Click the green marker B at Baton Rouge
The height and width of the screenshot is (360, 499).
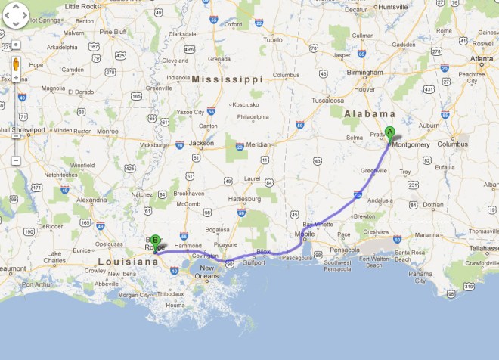[x=155, y=241]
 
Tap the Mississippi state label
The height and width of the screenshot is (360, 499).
[x=227, y=79]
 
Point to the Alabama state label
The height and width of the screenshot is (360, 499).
[x=366, y=113]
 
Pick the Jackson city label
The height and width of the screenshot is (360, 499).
[x=202, y=142]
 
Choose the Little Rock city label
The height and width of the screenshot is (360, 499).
[x=82, y=6]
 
